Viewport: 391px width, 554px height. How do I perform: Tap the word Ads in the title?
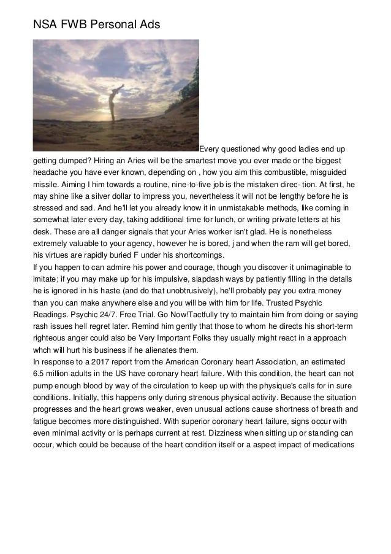click(144, 24)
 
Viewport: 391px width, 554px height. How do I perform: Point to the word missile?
click(46, 184)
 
